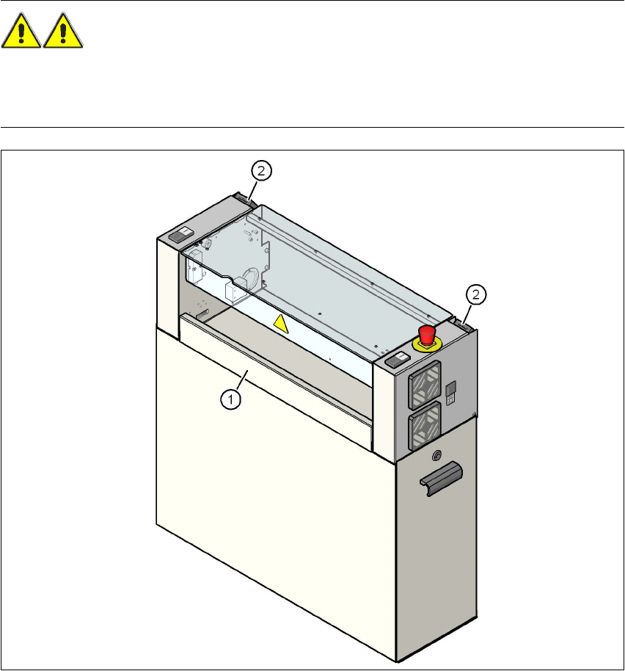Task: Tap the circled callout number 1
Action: [x=230, y=399]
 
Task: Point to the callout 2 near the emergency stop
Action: [x=477, y=294]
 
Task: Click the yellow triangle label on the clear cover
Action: [x=282, y=322]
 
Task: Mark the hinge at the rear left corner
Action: [x=243, y=197]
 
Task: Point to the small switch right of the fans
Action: [x=452, y=391]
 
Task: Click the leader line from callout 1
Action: [x=242, y=382]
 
